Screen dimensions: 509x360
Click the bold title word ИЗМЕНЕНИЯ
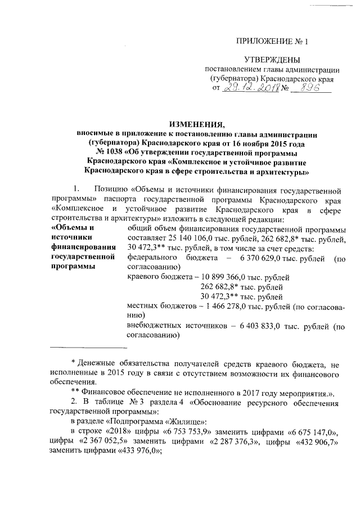(x=197, y=125)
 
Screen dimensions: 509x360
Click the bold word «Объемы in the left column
(x=72, y=228)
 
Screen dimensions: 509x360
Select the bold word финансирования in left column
(x=83, y=247)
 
